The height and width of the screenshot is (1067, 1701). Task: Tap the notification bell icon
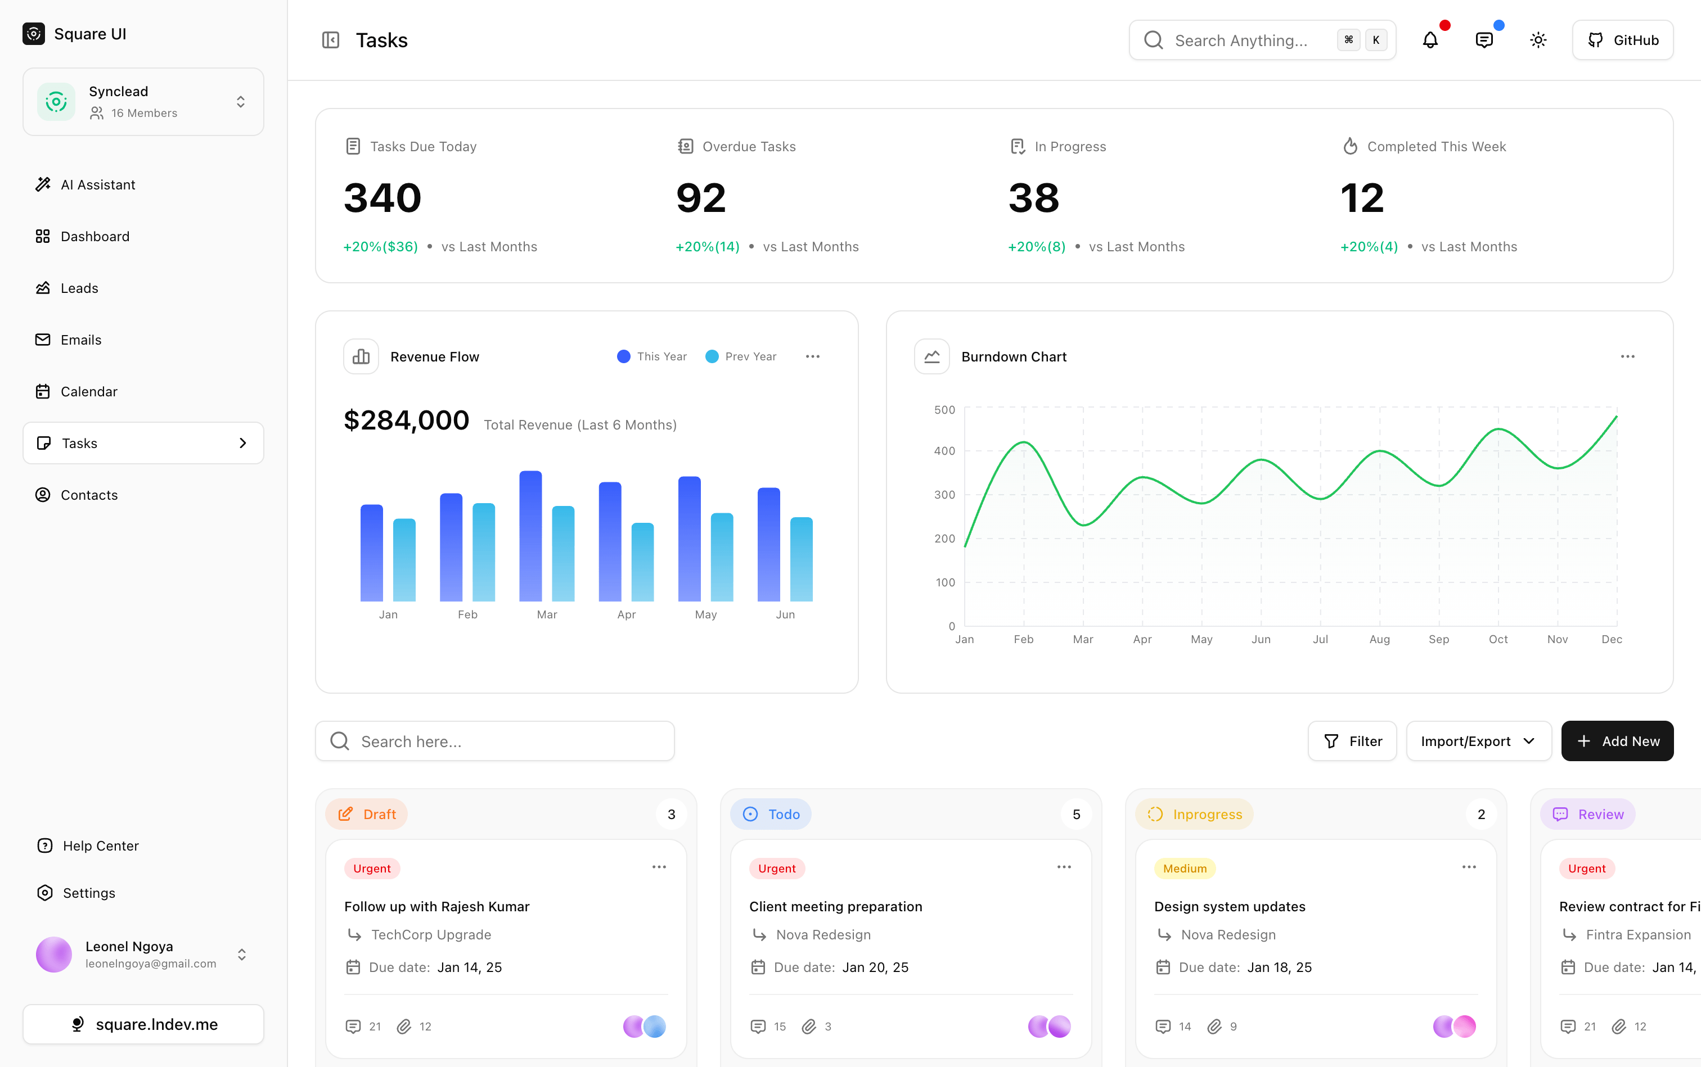tap(1430, 40)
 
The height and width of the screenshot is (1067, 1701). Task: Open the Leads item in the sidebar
tap(79, 288)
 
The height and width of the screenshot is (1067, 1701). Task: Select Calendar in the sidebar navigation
tap(88, 392)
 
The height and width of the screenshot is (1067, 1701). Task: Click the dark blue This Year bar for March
tap(530, 536)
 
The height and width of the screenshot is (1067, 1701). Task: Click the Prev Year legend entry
tap(741, 356)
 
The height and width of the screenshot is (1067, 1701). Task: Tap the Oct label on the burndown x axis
tap(1497, 639)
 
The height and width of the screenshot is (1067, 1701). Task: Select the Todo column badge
tap(771, 815)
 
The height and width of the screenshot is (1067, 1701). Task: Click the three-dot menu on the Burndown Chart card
tap(1627, 356)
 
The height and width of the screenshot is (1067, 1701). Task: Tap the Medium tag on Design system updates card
tap(1184, 869)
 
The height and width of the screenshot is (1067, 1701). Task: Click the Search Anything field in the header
tap(1241, 40)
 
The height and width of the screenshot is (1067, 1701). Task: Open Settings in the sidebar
tap(88, 893)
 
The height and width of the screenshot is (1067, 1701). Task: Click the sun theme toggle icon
tap(1538, 40)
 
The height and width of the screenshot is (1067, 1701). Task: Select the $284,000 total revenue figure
tap(406, 421)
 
